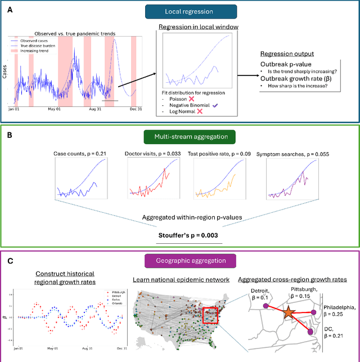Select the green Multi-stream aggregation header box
(x=180, y=136)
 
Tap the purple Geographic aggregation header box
(x=181, y=261)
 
